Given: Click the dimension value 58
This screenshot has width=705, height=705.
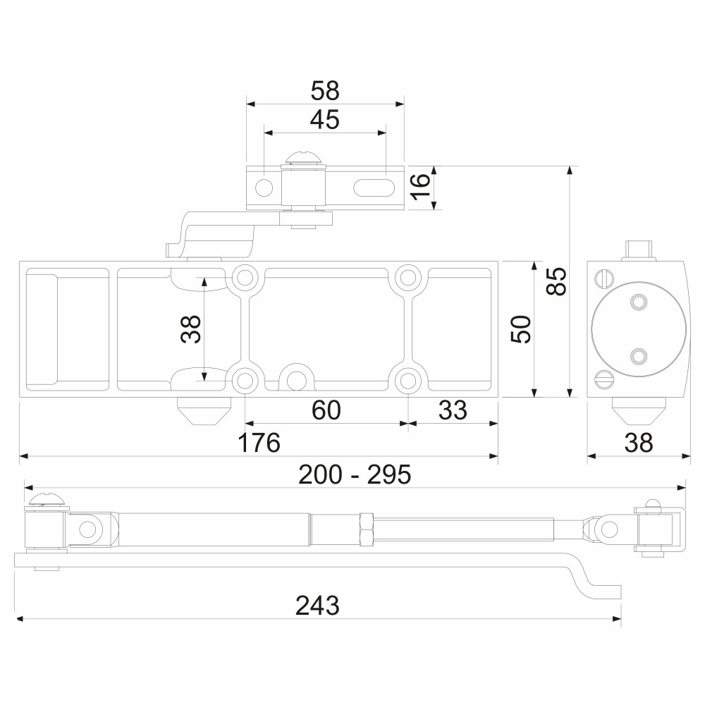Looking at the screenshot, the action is pyautogui.click(x=325, y=91).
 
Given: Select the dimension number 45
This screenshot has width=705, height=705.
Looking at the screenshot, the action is pyautogui.click(x=325, y=120).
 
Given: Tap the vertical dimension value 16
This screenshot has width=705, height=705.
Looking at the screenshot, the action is pyautogui.click(x=420, y=188).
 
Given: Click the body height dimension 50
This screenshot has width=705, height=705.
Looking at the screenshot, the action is pyautogui.click(x=521, y=329).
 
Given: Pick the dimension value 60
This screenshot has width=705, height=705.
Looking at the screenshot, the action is pyautogui.click(x=326, y=410).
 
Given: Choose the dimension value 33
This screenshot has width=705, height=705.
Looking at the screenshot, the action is pyautogui.click(x=453, y=410).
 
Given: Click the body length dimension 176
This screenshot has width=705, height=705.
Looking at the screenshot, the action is pyautogui.click(x=259, y=443).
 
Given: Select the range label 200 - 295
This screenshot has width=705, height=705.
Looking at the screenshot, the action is pyautogui.click(x=355, y=474).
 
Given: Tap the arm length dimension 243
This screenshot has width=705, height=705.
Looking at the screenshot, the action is pyautogui.click(x=317, y=606).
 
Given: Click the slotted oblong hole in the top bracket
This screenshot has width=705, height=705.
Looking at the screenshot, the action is pyautogui.click(x=374, y=188).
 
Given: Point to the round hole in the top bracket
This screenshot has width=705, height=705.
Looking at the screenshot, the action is pyautogui.click(x=264, y=188).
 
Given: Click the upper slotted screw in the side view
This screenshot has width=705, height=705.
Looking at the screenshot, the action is pyautogui.click(x=604, y=278).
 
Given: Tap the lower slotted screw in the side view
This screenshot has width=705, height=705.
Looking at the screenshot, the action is pyautogui.click(x=604, y=379).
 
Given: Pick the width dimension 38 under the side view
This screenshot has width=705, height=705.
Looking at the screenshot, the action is pyautogui.click(x=639, y=443).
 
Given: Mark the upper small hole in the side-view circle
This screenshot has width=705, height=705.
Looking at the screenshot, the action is pyautogui.click(x=637, y=302).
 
